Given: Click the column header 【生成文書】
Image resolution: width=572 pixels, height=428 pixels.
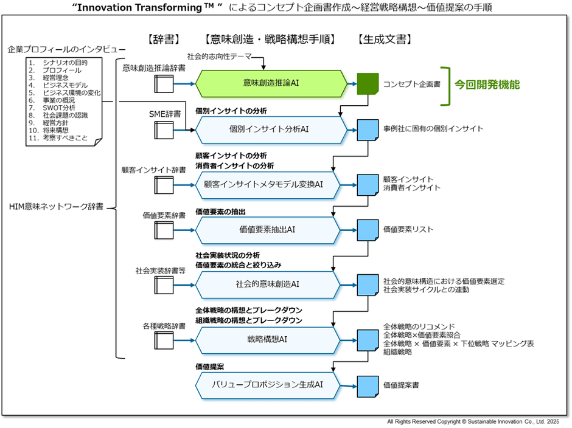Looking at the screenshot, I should click(385, 40).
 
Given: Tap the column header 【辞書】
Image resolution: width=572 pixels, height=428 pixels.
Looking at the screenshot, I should click(164, 40).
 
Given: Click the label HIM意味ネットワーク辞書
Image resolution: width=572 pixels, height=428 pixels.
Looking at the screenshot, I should click(56, 207).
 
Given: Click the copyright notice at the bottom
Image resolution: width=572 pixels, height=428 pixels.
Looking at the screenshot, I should click(473, 421).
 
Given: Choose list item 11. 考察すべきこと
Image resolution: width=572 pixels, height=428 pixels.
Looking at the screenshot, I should click(61, 138).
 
